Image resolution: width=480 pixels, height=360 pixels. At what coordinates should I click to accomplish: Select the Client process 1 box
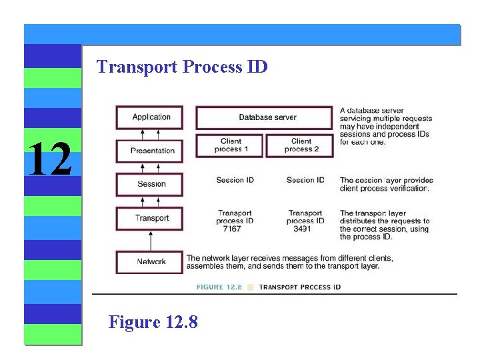click(x=231, y=145)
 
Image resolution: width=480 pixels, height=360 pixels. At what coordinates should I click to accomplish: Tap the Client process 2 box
click(x=301, y=145)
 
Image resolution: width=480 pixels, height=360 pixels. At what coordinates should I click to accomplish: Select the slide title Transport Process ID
click(x=182, y=67)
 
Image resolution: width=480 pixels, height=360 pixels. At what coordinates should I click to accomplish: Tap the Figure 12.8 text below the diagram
click(x=153, y=323)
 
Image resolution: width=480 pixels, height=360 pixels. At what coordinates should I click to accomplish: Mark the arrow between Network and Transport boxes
click(x=150, y=240)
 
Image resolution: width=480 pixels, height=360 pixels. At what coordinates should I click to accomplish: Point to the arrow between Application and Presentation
click(x=150, y=134)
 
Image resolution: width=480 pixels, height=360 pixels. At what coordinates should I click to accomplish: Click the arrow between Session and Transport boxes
click(x=150, y=201)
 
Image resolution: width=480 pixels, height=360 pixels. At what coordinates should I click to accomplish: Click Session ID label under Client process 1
click(x=235, y=180)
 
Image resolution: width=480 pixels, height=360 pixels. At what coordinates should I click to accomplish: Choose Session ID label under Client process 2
click(x=305, y=180)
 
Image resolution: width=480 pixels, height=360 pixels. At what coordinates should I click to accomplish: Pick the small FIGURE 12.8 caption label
click(x=219, y=287)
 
